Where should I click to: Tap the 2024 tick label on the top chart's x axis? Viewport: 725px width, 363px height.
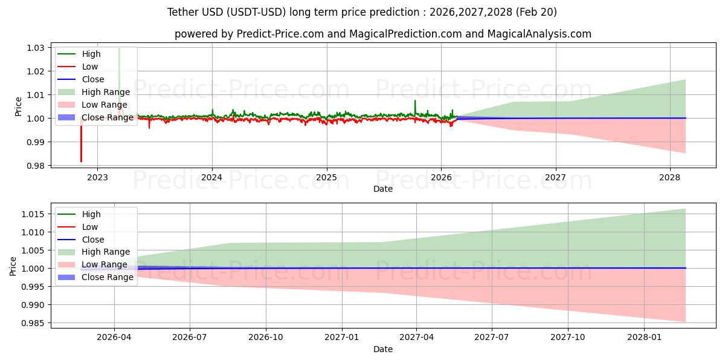(211, 177)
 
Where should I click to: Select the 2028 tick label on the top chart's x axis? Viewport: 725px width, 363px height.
(669, 177)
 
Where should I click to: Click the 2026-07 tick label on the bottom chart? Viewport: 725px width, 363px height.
(190, 338)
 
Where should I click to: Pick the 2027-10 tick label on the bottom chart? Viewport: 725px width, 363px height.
(568, 338)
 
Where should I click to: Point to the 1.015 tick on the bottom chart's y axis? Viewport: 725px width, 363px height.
(34, 214)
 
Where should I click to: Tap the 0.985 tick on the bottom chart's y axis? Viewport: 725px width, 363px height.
(34, 323)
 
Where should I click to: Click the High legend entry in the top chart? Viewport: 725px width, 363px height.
(91, 54)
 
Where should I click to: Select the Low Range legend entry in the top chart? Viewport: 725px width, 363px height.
(104, 105)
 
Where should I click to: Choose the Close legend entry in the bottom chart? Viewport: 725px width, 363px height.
(92, 240)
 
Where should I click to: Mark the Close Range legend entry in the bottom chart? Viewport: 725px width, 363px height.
(107, 278)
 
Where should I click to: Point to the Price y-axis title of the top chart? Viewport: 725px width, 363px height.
(18, 106)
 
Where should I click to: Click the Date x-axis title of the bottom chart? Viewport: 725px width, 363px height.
(382, 349)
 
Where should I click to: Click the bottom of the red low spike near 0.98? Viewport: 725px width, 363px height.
(81, 162)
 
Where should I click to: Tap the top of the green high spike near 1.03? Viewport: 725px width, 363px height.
(119, 48)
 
